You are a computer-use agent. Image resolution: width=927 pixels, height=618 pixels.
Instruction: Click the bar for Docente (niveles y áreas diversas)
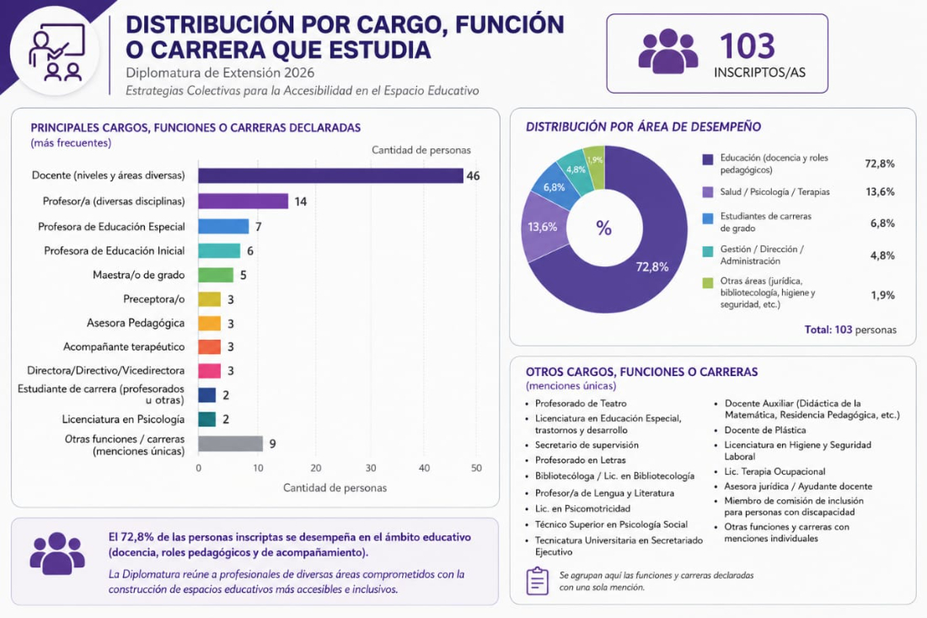pos(330,175)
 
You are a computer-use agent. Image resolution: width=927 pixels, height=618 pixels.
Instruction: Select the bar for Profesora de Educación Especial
pos(223,227)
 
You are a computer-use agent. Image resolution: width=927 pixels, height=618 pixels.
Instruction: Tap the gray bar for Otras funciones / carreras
pos(231,443)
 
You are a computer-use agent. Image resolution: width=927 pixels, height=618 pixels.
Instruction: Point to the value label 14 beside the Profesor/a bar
pos(300,202)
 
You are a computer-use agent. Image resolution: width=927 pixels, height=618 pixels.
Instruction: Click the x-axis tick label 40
pos(425,468)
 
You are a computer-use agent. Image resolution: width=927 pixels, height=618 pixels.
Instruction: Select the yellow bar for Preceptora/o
pos(209,299)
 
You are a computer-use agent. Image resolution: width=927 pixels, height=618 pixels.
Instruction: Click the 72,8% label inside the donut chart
pos(652,266)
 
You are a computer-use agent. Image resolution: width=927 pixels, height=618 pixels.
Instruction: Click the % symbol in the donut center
pos(603,228)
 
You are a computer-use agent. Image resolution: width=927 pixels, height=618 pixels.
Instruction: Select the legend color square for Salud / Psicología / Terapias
pos(708,192)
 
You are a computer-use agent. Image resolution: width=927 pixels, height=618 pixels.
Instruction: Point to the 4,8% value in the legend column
pos(882,255)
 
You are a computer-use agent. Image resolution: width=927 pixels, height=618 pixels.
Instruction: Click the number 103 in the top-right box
pos(747,46)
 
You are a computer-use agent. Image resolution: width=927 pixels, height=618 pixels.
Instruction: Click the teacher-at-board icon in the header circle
pos(56,52)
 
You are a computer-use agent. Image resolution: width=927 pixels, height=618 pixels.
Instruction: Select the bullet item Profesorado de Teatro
pos(581,403)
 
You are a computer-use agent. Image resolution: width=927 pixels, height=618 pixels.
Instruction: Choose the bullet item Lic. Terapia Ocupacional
pos(774,471)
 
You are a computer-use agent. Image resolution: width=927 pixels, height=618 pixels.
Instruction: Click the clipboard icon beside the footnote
pos(538,581)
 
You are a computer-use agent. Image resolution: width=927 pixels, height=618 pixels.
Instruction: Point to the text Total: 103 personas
pos(850,330)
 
